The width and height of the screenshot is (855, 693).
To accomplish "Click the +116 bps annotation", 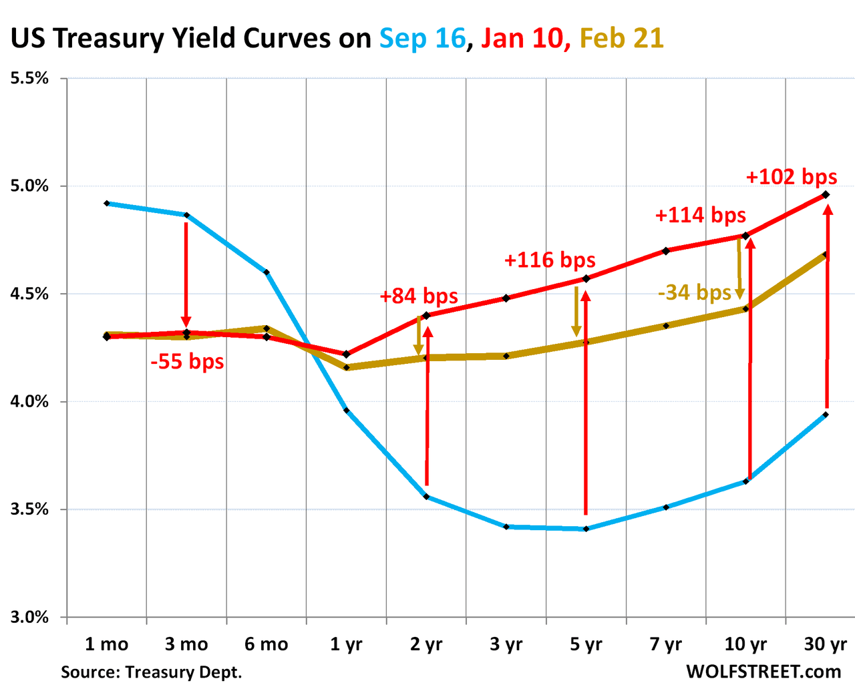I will (x=549, y=260).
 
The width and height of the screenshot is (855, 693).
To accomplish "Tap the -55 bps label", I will (x=187, y=362).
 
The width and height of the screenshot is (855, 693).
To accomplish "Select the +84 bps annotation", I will (x=419, y=296).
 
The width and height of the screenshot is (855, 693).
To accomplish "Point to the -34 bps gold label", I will (x=694, y=292).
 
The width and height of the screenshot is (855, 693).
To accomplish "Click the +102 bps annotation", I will (x=791, y=177).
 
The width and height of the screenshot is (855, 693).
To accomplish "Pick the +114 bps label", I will (x=700, y=215).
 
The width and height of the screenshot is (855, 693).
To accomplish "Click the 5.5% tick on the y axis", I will (x=29, y=78).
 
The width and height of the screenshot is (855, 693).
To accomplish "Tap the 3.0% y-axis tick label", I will (x=29, y=618).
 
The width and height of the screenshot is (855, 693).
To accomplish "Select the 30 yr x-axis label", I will (x=826, y=644).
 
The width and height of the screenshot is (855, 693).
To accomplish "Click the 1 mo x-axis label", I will (x=106, y=644).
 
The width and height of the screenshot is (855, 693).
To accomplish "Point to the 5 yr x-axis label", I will (x=586, y=644).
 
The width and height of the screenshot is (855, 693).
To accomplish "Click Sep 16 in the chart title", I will (x=422, y=39).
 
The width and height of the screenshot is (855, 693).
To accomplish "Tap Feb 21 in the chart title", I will (x=621, y=39).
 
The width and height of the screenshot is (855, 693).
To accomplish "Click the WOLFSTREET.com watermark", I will (x=763, y=672).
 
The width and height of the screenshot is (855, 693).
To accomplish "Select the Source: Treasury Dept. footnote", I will (x=152, y=672).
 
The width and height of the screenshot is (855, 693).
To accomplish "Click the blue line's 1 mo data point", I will (x=106, y=203).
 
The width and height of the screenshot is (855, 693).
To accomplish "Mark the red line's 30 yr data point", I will (x=826, y=194).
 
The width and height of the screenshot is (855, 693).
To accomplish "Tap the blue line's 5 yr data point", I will (x=586, y=529).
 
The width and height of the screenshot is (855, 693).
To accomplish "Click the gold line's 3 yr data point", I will (x=506, y=356).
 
